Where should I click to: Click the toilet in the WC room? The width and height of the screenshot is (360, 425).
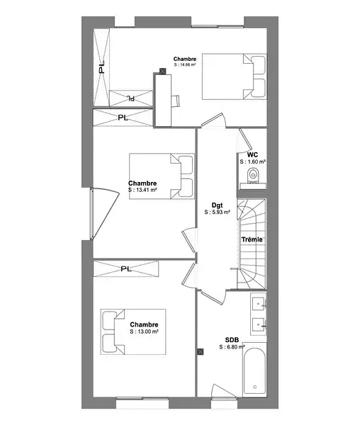coord(254,176)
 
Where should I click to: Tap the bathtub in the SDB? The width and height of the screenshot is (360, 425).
coord(254,371)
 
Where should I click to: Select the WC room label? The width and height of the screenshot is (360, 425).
coord(252,154)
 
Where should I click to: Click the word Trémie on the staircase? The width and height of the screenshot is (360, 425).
coord(252,239)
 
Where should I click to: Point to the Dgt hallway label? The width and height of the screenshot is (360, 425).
coord(217,205)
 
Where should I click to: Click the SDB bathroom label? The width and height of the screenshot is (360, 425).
coord(232,340)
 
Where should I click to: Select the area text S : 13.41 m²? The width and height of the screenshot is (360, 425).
coord(142,190)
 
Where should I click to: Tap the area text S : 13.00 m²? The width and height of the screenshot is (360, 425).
coord(144,331)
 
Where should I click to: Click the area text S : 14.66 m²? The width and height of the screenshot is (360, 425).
coord(185,64)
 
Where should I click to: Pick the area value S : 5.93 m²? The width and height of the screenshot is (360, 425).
coord(217,212)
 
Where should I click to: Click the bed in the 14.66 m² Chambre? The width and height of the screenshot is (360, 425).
coord(235,76)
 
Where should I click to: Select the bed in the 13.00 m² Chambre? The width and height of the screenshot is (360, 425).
coord(133,331)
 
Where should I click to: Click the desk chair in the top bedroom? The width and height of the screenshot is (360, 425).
coord(175,101)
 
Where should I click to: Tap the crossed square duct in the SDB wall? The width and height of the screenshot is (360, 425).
coord(200,352)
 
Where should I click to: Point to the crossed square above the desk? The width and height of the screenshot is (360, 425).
coord(163,72)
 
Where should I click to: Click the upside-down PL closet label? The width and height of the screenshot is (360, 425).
coord(131,98)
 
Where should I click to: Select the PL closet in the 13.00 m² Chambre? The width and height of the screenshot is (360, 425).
coord(125,268)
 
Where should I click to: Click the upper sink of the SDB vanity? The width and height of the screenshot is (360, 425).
coord(259,303)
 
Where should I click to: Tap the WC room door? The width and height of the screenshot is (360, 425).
coord(244,140)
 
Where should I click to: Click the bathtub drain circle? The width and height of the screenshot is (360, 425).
coord(255,387)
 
